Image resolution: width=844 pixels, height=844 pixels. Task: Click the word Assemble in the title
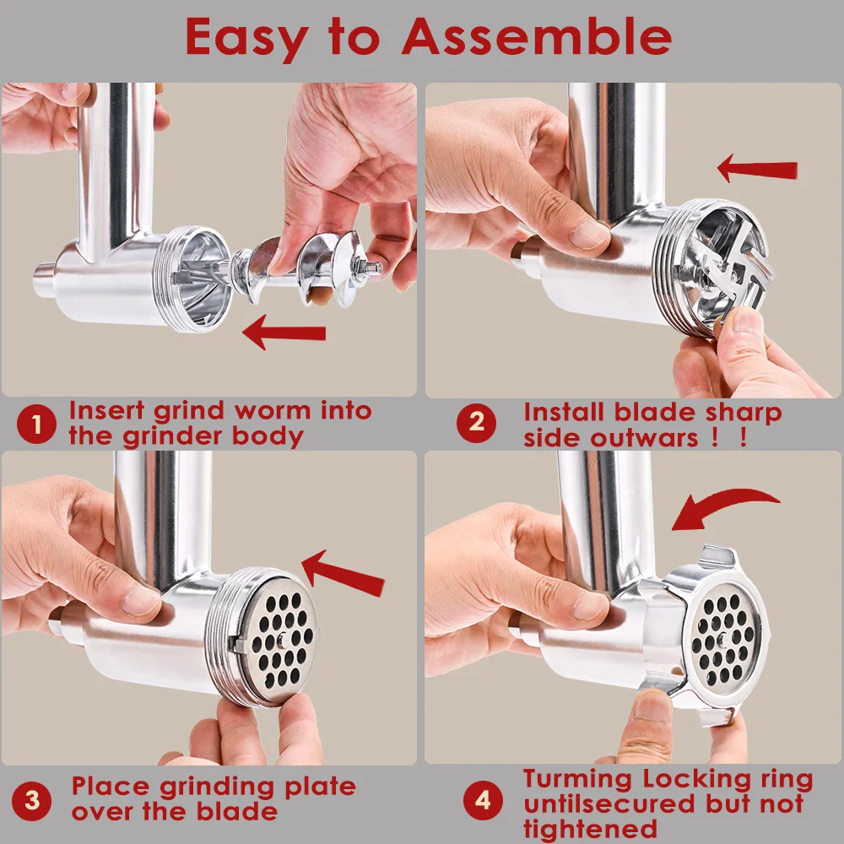pyautogui.click(x=536, y=36)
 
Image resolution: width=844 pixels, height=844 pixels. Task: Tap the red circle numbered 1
pyautogui.click(x=35, y=424)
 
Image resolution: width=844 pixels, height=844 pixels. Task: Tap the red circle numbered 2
pyautogui.click(x=477, y=424)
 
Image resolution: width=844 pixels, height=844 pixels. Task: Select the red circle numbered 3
pyautogui.click(x=32, y=799)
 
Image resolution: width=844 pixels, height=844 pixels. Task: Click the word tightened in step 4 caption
pyautogui.click(x=590, y=828)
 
